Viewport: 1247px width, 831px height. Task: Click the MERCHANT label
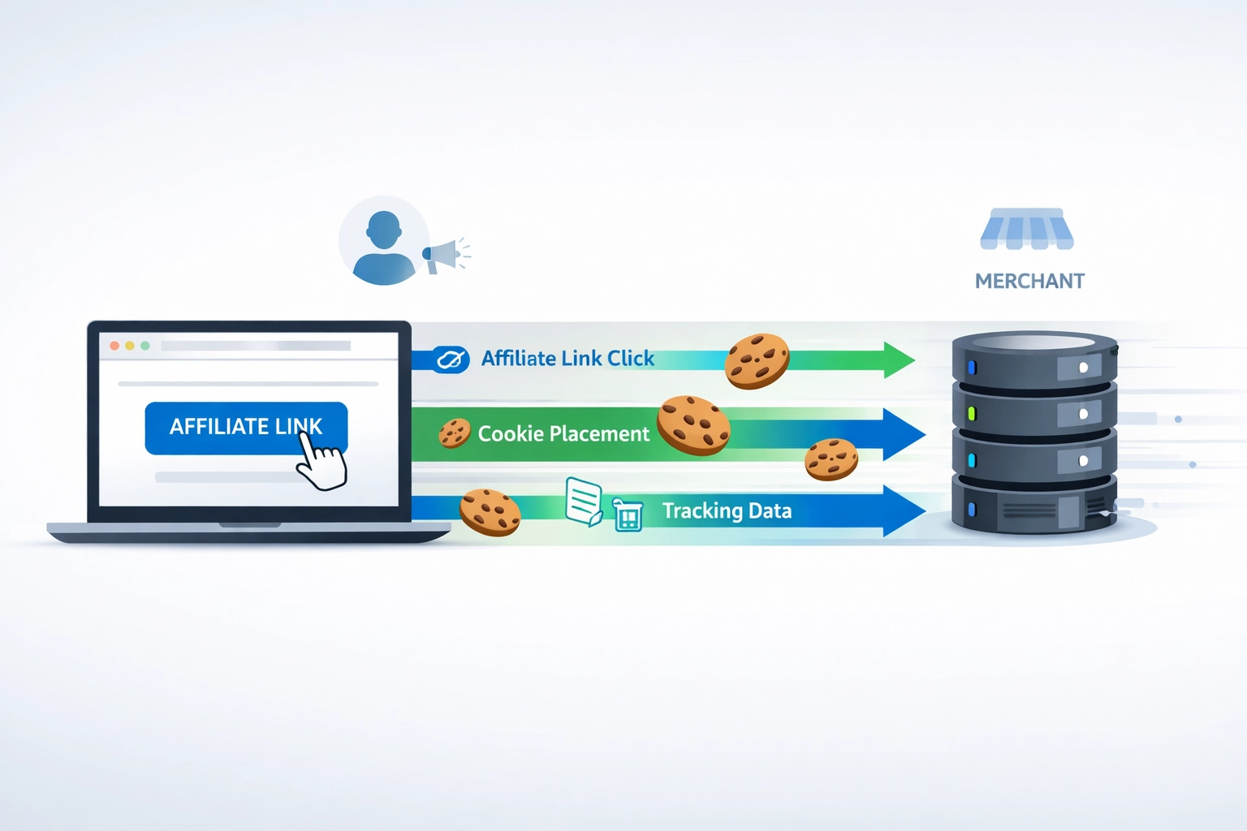point(1029,282)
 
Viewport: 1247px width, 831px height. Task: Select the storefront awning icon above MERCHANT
point(1026,230)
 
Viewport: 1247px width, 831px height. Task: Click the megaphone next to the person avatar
point(443,255)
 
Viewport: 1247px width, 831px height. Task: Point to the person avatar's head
point(383,230)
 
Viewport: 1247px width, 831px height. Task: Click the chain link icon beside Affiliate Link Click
point(451,359)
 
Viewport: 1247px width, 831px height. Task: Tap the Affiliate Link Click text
point(567,359)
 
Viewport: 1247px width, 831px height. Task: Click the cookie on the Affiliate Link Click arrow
point(757,361)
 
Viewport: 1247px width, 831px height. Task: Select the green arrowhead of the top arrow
point(898,360)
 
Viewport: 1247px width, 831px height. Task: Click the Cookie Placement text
point(563,434)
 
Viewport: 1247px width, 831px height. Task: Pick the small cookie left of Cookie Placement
point(455,433)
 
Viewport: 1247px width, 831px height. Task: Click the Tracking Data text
point(727,511)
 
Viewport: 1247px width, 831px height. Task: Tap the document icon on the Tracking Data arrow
point(584,502)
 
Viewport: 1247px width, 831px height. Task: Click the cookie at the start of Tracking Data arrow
point(490,512)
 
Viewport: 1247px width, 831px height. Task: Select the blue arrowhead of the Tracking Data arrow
point(903,510)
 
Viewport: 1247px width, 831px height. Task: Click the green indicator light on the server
point(972,414)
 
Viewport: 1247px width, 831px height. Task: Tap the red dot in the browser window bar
point(114,346)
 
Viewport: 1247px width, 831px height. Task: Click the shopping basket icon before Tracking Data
point(628,515)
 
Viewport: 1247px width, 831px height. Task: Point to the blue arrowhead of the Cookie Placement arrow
point(903,434)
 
